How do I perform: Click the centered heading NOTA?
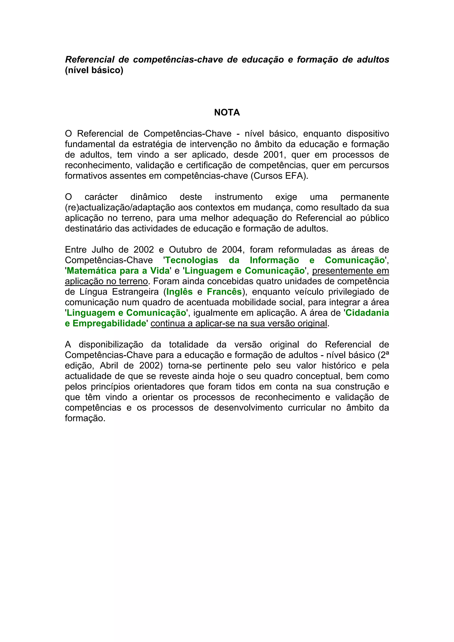(227, 112)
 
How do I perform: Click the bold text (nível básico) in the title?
(94, 70)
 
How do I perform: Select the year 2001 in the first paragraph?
(273, 155)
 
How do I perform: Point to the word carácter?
(101, 197)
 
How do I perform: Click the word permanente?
(364, 197)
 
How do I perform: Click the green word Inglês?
(180, 292)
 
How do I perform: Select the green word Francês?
(224, 292)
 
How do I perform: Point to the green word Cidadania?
(367, 313)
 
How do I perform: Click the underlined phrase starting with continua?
(239, 323)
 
